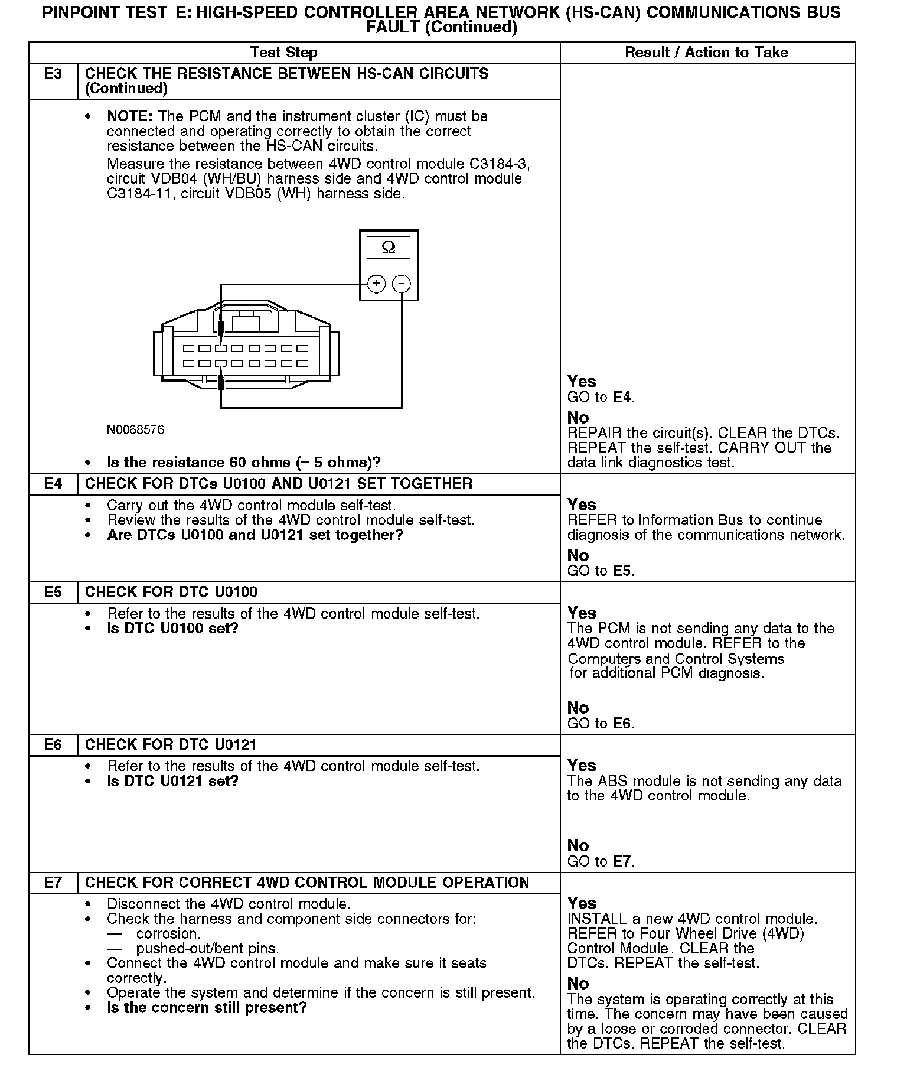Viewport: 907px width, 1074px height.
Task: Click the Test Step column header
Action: pos(283,53)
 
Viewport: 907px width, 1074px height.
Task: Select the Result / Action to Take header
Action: pos(706,53)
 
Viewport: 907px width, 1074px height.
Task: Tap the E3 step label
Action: pos(53,74)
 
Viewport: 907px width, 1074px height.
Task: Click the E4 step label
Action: pos(53,484)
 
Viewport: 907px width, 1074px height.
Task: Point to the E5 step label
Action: pos(53,592)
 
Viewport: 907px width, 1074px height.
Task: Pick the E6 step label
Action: pos(53,744)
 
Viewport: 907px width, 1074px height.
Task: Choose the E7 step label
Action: pos(53,883)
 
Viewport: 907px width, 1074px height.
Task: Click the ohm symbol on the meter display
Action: pos(389,248)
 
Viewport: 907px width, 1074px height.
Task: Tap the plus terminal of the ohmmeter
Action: pos(376,284)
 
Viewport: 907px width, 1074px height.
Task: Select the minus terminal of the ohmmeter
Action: pos(402,284)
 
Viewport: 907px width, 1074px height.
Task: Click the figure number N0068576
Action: pos(135,430)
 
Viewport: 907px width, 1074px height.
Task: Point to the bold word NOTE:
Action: pos(130,116)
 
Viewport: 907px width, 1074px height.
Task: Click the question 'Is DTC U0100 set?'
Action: pos(172,628)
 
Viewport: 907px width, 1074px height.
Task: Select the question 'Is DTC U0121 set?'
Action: pos(172,781)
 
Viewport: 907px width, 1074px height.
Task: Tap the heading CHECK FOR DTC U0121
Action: pos(171,744)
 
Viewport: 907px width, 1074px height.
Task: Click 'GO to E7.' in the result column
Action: pos(600,861)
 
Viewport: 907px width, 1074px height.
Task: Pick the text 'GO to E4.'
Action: pos(600,397)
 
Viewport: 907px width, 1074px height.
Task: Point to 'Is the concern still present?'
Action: pos(207,1007)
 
